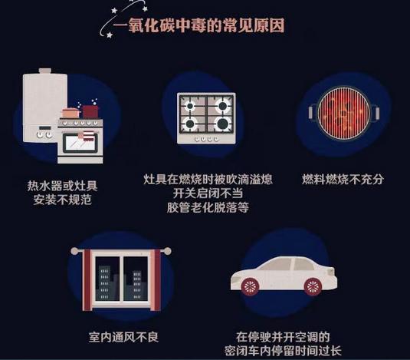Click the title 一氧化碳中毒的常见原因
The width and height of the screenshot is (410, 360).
pyautogui.click(x=198, y=25)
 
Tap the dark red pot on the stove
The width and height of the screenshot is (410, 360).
pyautogui.click(x=90, y=111)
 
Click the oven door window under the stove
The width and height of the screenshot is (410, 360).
pyautogui.click(x=80, y=144)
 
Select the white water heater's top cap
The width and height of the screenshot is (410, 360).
pyautogui.click(x=45, y=71)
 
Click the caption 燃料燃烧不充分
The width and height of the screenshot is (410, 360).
pyautogui.click(x=343, y=180)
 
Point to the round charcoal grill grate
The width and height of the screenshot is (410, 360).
pyautogui.click(x=344, y=113)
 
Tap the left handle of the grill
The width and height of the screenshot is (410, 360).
pyautogui.click(x=312, y=112)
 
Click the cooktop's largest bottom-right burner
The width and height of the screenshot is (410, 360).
pyautogui.click(x=222, y=124)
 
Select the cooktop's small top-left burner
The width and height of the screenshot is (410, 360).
pyautogui.click(x=190, y=106)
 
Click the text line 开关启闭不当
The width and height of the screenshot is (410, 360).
pyautogui.click(x=208, y=193)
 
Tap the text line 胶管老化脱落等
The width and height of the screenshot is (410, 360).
pyautogui.click(x=208, y=207)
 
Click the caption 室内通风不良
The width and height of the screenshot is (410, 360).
pyautogui.click(x=123, y=337)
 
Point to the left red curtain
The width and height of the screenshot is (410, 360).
pyautogui.click(x=87, y=280)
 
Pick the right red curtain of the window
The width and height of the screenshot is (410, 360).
pyautogui.click(x=156, y=280)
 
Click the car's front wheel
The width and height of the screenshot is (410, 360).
pyautogui.click(x=250, y=287)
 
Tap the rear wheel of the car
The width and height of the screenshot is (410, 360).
pyautogui.click(x=313, y=287)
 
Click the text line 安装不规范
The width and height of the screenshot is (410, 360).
pyautogui.click(x=63, y=200)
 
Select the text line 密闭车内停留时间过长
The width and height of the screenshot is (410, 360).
pyautogui.click(x=283, y=351)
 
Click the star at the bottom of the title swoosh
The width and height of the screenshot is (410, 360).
pyautogui.click(x=110, y=35)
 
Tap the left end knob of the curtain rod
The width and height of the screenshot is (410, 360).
pyautogui.click(x=74, y=251)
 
